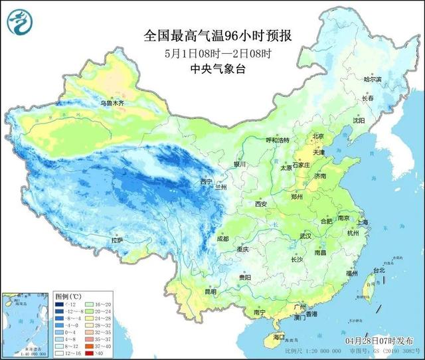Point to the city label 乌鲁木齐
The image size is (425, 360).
(x=112, y=104)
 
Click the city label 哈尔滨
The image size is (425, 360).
(x=373, y=79)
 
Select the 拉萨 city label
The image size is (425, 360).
(x=118, y=240)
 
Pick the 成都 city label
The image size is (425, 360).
(x=222, y=238)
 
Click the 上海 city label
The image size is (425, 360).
(x=362, y=222)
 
